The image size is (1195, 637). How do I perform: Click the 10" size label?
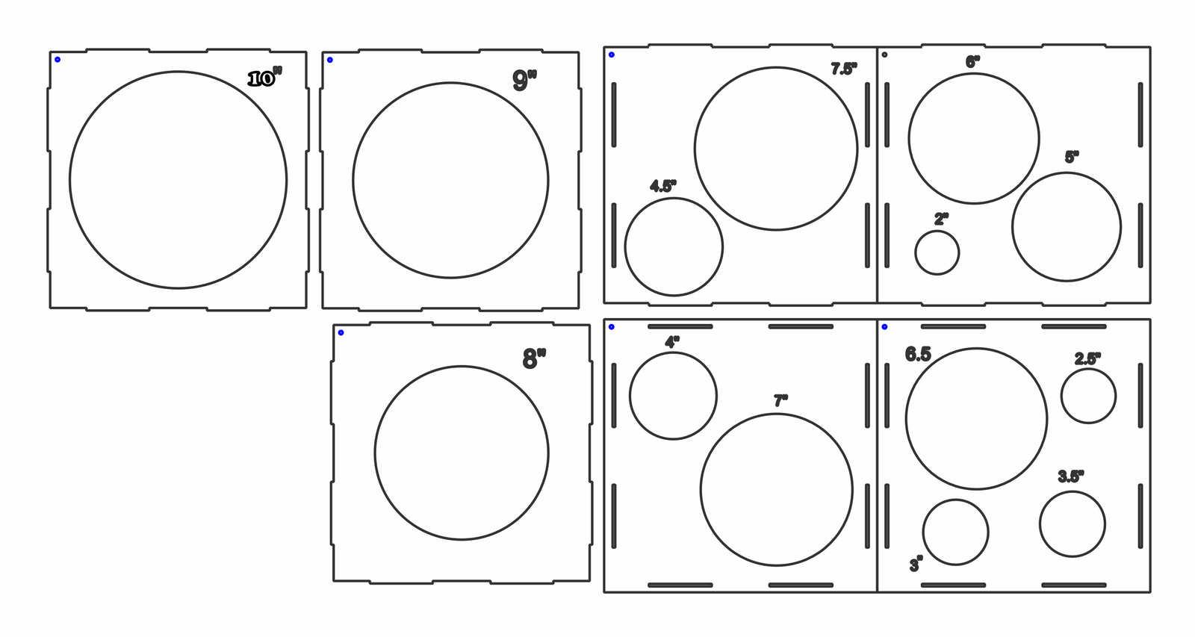pyautogui.click(x=265, y=78)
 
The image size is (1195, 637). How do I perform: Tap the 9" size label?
pyautogui.click(x=524, y=80)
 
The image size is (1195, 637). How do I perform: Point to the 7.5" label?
pyautogui.click(x=844, y=69)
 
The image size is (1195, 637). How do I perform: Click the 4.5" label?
pyautogui.click(x=663, y=186)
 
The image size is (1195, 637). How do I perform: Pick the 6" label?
pyautogui.click(x=972, y=62)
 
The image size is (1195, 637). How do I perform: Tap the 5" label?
pyautogui.click(x=1072, y=157)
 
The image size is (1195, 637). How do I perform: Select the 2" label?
pyautogui.click(x=942, y=219)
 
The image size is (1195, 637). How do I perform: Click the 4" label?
pyautogui.click(x=672, y=342)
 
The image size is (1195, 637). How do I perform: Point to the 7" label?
pyautogui.click(x=781, y=401)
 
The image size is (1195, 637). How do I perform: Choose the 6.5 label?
pyautogui.click(x=918, y=354)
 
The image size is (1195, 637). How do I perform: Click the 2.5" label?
pyautogui.click(x=1087, y=358)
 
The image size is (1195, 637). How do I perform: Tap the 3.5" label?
pyautogui.click(x=1071, y=476)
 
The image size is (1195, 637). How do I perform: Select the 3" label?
pyautogui.click(x=916, y=565)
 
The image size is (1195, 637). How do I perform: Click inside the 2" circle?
pyautogui.click(x=937, y=253)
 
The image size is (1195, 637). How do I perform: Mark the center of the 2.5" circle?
pyautogui.click(x=1088, y=397)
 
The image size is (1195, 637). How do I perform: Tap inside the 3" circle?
pyautogui.click(x=955, y=532)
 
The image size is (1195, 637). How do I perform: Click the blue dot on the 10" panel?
pyautogui.click(x=58, y=60)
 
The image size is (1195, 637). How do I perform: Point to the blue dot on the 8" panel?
pyautogui.click(x=341, y=333)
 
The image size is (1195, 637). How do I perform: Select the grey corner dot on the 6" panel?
pyautogui.click(x=884, y=55)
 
